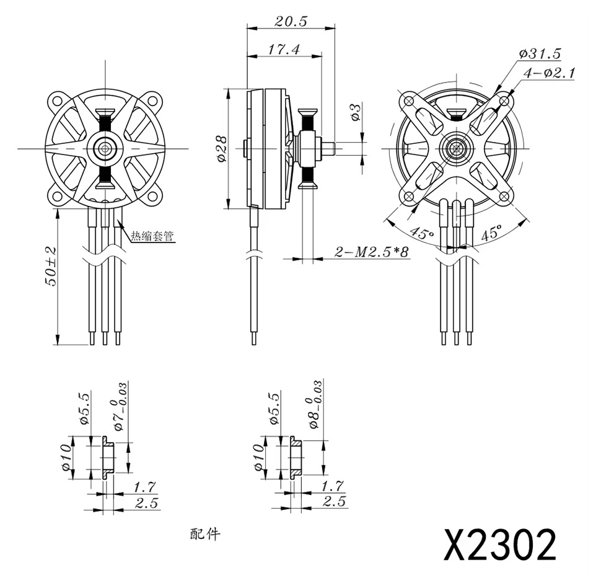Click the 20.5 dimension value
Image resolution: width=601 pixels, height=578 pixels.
tap(291, 22)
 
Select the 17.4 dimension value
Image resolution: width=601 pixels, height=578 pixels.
tap(284, 49)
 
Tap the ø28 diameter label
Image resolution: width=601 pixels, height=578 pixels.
tap(222, 148)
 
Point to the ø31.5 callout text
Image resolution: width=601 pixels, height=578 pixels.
tap(540, 53)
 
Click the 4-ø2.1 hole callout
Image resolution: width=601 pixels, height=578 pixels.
tap(549, 73)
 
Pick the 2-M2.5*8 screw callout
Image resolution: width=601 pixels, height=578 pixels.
tap(372, 252)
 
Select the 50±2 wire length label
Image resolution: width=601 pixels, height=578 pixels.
tap(51, 266)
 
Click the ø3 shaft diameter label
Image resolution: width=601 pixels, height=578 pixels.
tap(356, 112)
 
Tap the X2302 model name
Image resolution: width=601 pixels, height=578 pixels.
tap(499, 545)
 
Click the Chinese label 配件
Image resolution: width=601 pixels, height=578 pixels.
tap(206, 533)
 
